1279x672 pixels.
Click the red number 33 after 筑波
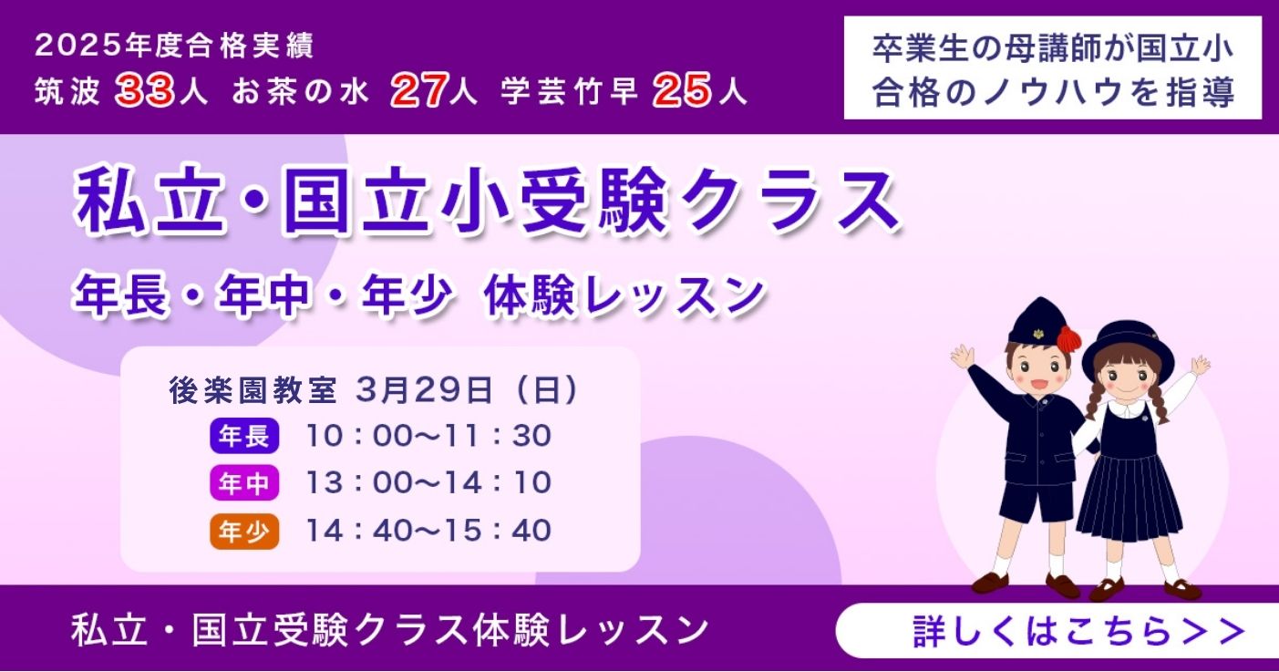click(x=145, y=91)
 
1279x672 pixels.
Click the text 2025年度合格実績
click(x=174, y=44)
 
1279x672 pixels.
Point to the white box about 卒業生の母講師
click(x=1052, y=67)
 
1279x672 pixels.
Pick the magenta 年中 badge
click(x=244, y=483)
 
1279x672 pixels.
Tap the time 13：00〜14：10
click(x=428, y=483)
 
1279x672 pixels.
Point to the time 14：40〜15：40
click(x=428, y=531)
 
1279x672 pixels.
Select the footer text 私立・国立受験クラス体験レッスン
click(x=390, y=630)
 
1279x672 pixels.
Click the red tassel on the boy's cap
click(x=1068, y=338)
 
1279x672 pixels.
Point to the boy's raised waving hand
click(x=962, y=356)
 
